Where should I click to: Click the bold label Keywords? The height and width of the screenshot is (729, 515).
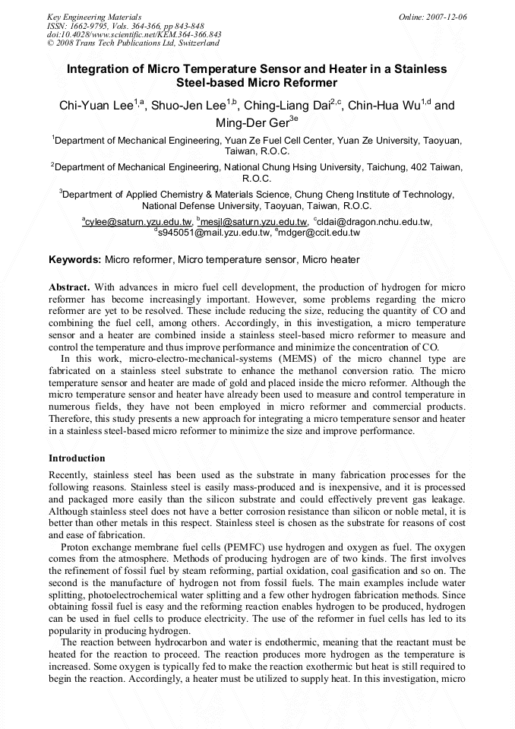tap(74, 260)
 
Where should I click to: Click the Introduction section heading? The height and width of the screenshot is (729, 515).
tap(77, 458)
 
